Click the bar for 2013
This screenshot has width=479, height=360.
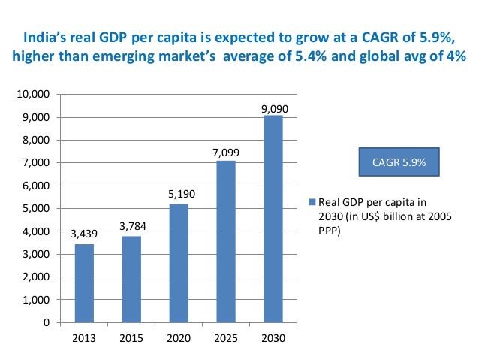pos(84,283)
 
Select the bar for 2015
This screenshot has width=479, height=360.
pos(132,279)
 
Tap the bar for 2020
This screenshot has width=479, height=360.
pos(179,263)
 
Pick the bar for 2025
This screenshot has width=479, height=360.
pos(226,241)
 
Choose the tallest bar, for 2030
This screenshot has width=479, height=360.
pos(273,219)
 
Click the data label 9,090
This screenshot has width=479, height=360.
pos(274,109)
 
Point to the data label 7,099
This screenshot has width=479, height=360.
pos(226,153)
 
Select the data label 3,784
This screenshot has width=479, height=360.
pos(132,226)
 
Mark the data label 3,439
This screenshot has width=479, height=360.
pos(84,234)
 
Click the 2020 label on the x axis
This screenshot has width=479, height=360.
pos(179,337)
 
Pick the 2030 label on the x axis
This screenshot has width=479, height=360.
pos(273,337)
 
